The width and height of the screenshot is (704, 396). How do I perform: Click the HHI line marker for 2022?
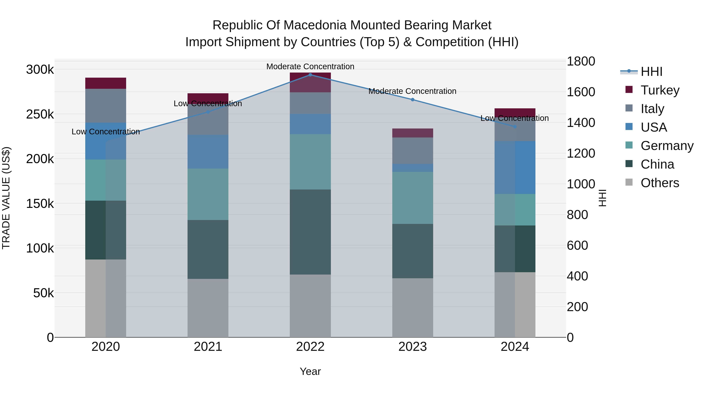tap(310, 75)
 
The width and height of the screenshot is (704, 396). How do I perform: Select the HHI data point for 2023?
tap(413, 100)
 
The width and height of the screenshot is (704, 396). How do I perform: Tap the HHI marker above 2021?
tap(208, 112)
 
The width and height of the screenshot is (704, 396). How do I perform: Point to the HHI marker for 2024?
tap(515, 127)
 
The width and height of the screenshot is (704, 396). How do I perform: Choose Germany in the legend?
tap(667, 146)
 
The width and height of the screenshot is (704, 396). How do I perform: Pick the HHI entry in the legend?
tap(651, 72)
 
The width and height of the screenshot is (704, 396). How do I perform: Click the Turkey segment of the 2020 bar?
tap(106, 83)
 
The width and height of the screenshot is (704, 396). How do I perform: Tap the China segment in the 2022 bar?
tap(310, 232)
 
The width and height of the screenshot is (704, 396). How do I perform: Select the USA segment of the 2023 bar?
tap(413, 168)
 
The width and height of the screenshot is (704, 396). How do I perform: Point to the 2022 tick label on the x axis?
tap(310, 347)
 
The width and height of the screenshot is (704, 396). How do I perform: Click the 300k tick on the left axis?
tap(40, 70)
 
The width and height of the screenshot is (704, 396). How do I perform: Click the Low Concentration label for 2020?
tap(106, 132)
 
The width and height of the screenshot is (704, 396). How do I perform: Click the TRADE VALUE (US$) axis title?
tap(6, 198)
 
